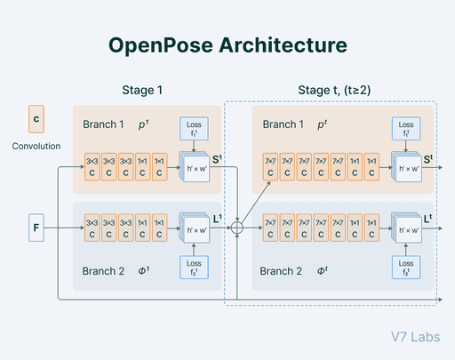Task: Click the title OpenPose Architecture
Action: point(227,44)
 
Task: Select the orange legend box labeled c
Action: point(36,118)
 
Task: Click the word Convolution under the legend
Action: point(36,147)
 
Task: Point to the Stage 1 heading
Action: point(142,90)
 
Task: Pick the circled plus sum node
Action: point(236,228)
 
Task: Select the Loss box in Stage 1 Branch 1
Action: point(194,130)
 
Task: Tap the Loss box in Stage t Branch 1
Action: point(406,130)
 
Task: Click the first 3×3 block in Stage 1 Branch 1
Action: point(92,166)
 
